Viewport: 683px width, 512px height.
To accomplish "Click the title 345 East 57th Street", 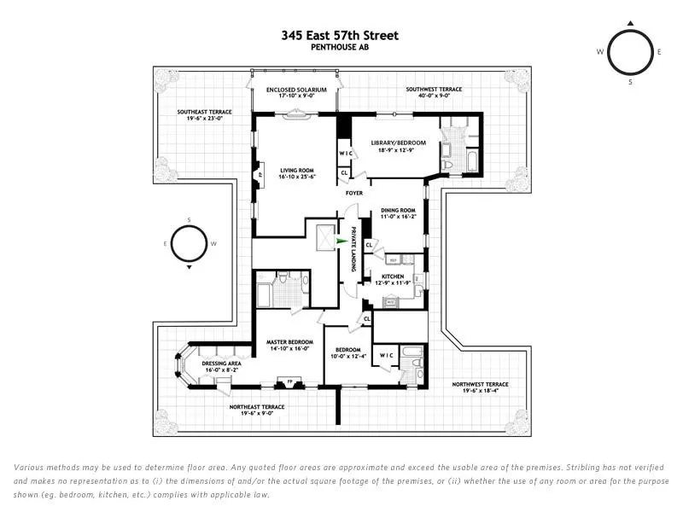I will click(x=340, y=36).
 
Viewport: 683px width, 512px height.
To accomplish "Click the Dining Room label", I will click(x=398, y=213).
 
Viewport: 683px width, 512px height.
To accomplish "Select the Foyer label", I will click(x=353, y=193).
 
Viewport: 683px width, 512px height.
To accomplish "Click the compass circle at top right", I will click(x=630, y=51).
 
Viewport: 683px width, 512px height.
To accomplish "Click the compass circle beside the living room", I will click(x=190, y=244).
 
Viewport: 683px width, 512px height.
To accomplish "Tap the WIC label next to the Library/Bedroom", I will click(x=346, y=154).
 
